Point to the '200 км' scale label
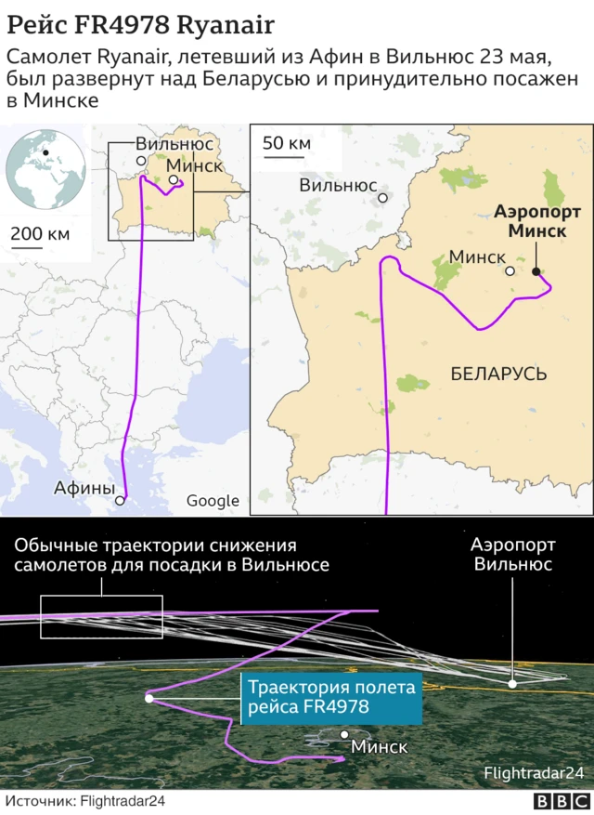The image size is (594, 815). pos(39,233)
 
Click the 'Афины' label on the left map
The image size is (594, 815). pos(84,488)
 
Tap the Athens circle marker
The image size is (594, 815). pos(119,501)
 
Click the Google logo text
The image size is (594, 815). pos(213,501)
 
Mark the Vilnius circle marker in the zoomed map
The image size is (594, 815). pos(382,196)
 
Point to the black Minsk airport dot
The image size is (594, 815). pos(536,271)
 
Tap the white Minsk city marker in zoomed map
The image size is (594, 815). pos(510,271)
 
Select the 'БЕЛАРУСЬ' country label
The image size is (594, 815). pos(498,374)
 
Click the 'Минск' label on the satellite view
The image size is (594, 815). pos(379,746)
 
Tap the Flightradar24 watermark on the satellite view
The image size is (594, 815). pos(533,773)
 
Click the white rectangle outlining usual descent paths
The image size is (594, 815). pos(101,616)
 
